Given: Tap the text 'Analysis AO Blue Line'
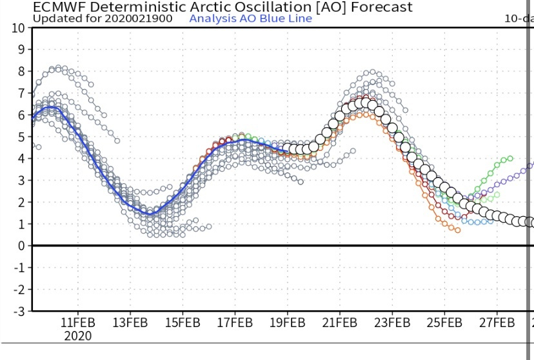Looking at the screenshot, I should tap(250, 18).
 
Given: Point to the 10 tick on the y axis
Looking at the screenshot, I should tap(19, 28).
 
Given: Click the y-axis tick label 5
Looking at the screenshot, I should tap(23, 137).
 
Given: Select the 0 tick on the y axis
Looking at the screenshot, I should tap(23, 246).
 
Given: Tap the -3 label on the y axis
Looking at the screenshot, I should tap(20, 311).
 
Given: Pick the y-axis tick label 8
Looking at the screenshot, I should tap(23, 71).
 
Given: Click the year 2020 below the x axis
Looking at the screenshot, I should tap(78, 336).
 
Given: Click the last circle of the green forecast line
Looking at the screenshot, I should tap(510, 158).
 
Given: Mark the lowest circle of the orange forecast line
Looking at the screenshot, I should tap(458, 230).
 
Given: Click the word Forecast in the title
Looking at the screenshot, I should tap(381, 8).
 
